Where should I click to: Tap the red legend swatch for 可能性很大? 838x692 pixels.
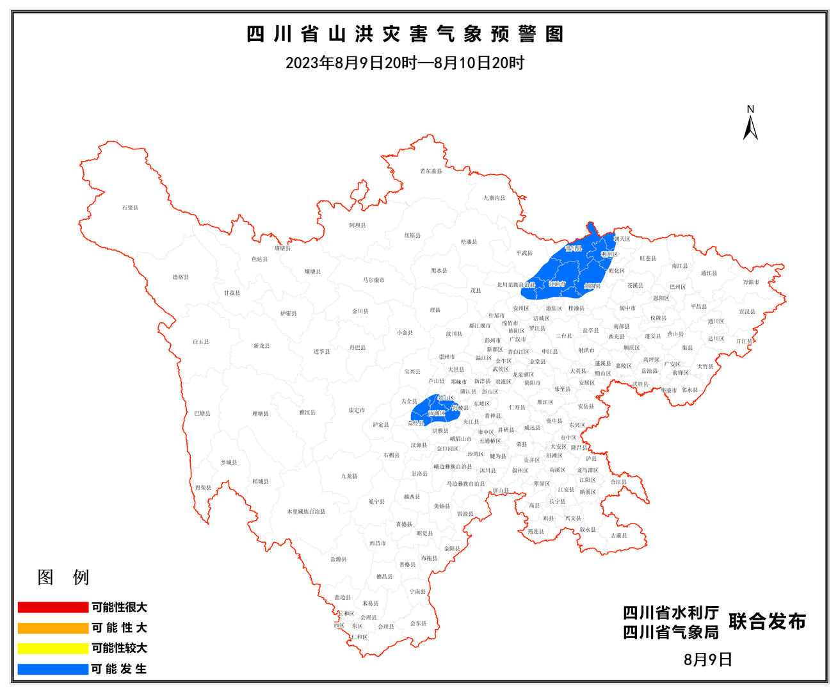pyautogui.click(x=52, y=607)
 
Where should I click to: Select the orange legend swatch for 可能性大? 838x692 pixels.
pyautogui.click(x=52, y=627)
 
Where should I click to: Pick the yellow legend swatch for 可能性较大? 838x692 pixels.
pyautogui.click(x=52, y=648)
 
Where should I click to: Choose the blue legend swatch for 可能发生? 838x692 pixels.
pyautogui.click(x=52, y=669)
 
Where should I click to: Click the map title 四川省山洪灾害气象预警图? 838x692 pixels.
pyautogui.click(x=405, y=34)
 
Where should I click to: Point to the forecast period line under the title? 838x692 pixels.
pyautogui.click(x=405, y=63)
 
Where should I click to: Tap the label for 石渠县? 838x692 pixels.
pyautogui.click(x=130, y=208)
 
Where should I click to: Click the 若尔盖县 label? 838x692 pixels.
pyautogui.click(x=431, y=171)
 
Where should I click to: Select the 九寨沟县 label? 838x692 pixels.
pyautogui.click(x=494, y=198)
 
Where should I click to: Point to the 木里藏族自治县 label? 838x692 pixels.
pyautogui.click(x=306, y=511)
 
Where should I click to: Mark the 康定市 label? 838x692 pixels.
pyautogui.click(x=357, y=409)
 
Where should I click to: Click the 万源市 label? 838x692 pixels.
pyautogui.click(x=751, y=282)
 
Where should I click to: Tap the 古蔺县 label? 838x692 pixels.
pyautogui.click(x=618, y=535)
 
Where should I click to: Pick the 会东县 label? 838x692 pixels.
pyautogui.click(x=418, y=623)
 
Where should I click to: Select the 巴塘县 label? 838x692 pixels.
pyautogui.click(x=202, y=413)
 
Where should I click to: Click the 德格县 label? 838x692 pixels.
pyautogui.click(x=181, y=277)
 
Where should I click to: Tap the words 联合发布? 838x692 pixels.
pyautogui.click(x=767, y=622)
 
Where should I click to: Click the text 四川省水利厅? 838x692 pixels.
pyautogui.click(x=671, y=613)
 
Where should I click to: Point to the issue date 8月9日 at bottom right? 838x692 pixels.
pyautogui.click(x=707, y=659)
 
